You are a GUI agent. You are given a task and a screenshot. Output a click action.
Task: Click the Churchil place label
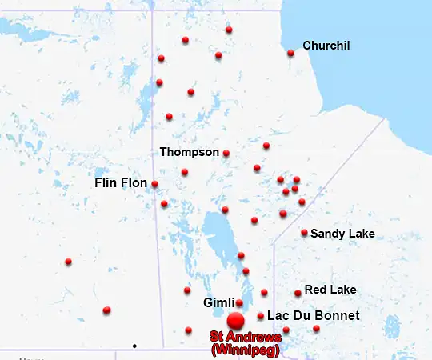(x=326, y=46)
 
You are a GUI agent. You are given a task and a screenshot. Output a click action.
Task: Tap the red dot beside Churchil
(x=290, y=54)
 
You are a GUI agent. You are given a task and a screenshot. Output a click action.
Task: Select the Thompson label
(x=189, y=151)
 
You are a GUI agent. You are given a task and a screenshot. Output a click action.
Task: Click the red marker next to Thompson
(x=226, y=153)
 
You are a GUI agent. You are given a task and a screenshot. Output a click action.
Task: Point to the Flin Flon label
(x=121, y=183)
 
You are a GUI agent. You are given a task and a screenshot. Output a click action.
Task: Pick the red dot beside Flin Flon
(x=154, y=184)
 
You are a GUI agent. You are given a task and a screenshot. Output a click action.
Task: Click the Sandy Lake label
(x=342, y=234)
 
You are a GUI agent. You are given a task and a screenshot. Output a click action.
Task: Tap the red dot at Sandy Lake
(x=304, y=233)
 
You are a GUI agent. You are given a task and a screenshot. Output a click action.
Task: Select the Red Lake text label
(x=331, y=289)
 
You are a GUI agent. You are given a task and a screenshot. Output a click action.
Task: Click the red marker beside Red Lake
(x=298, y=294)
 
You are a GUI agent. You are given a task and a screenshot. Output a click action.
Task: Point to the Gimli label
(x=218, y=302)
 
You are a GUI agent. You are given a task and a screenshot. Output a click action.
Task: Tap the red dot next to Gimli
(x=239, y=302)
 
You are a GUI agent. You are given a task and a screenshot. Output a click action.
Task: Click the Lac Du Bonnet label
(x=313, y=316)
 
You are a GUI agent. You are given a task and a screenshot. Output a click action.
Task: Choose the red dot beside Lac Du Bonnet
(x=261, y=316)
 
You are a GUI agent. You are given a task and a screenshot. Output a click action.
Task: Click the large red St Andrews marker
(x=234, y=321)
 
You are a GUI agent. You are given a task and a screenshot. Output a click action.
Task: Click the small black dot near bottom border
(x=134, y=346)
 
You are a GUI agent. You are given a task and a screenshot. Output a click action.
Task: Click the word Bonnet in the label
(x=339, y=316)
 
